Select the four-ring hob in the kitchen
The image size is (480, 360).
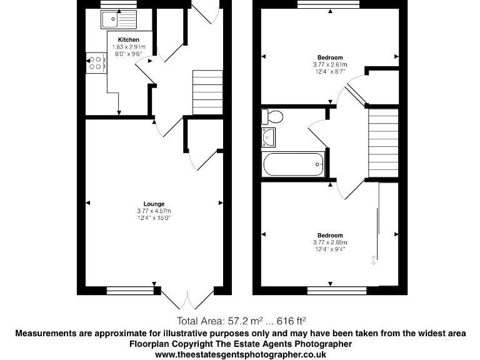96,62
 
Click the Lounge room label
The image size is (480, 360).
154,204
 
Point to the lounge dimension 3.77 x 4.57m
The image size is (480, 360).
154,211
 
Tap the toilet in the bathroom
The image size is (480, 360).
273,116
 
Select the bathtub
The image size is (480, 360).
294,165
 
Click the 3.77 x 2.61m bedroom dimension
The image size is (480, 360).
330,65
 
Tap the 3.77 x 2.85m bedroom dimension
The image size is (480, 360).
330,242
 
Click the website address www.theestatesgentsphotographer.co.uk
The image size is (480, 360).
240,354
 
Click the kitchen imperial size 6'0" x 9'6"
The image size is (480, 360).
128,54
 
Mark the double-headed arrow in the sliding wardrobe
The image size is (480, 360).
374,261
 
